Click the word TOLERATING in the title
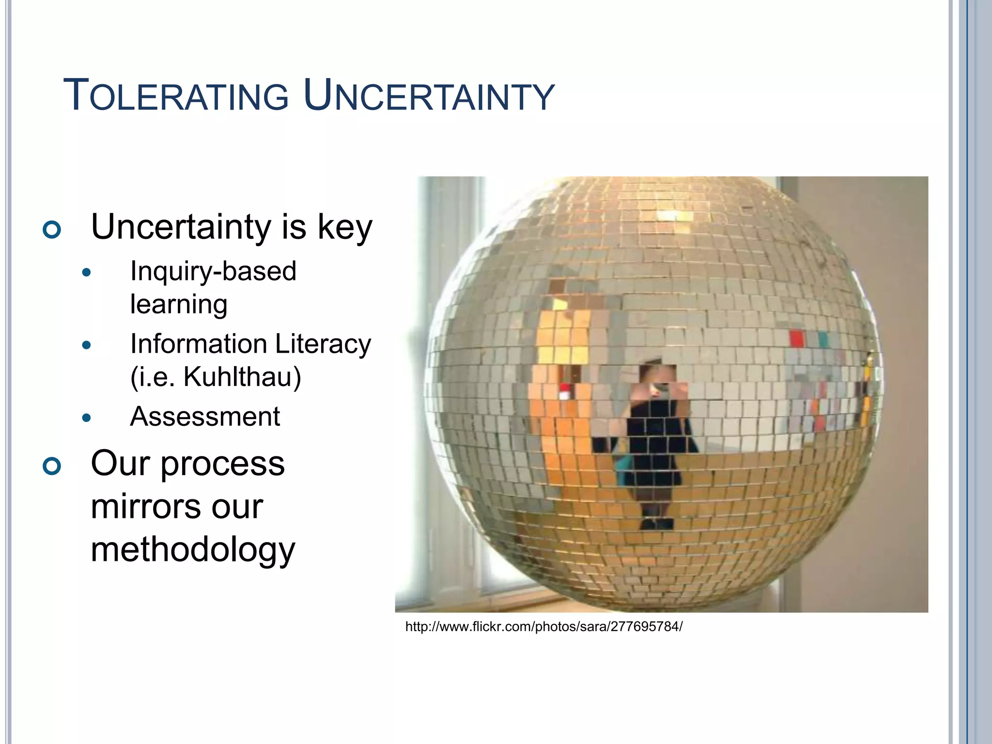(176, 96)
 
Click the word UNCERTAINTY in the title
(429, 96)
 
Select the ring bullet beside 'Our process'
(52, 466)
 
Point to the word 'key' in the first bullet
(345, 227)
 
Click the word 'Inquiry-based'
(213, 271)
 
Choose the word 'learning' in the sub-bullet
(179, 305)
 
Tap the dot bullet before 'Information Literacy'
(87, 345)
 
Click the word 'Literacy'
(323, 344)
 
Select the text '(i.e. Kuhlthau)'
(216, 377)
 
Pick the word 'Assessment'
(205, 417)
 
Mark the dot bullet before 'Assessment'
(87, 418)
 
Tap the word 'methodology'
(193, 550)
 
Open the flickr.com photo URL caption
(543, 627)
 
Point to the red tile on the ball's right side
(796, 339)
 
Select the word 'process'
(222, 464)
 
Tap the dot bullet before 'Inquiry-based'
(87, 273)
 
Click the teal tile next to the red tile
(823, 339)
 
